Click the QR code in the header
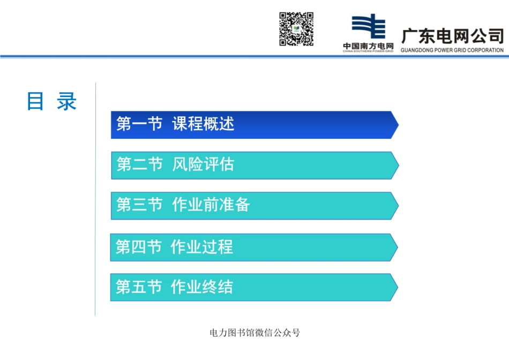pos(296,29)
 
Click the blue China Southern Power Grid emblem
pos(368,27)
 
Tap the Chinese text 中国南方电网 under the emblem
pos(368,46)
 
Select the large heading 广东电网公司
pos(452,36)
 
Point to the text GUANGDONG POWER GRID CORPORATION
pos(452,50)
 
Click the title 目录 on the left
pos(52,101)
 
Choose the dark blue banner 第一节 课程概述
pos(254,125)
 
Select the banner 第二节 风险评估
pos(254,165)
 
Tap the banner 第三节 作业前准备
pos(254,206)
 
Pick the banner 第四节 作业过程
pos(253,247)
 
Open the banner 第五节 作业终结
pos(253,287)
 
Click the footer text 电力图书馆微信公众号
pos(254,333)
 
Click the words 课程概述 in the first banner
pos(203,124)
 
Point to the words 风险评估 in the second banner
pos(203,164)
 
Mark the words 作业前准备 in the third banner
pos(211,205)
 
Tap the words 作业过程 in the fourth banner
pos(201,247)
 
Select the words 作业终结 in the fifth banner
pos(201,287)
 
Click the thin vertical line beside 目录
pos(95,198)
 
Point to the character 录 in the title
pos(66,101)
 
